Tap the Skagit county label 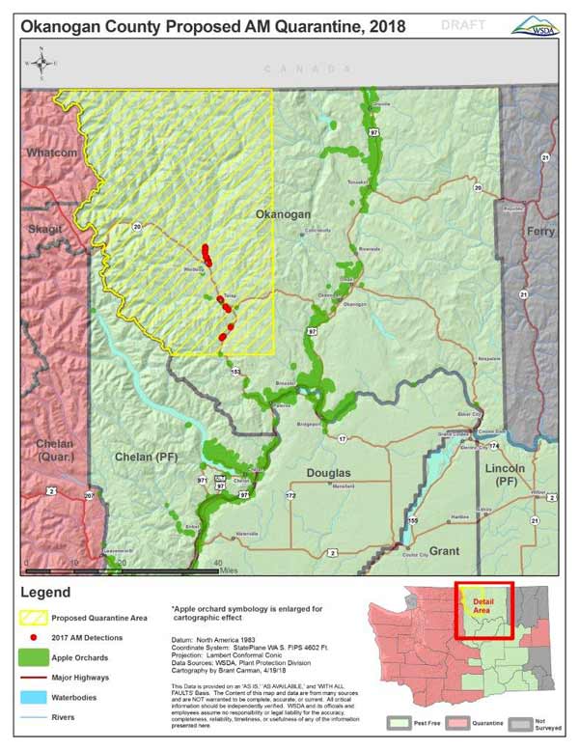click(43, 228)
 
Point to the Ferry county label click(539, 231)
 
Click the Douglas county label click(330, 472)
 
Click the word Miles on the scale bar click(228, 569)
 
